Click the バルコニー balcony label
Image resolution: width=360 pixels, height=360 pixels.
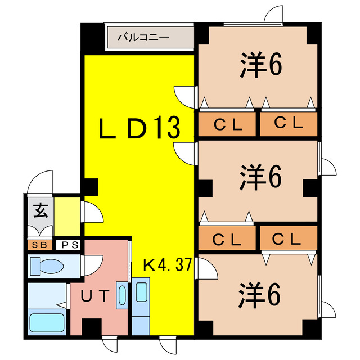(143, 38)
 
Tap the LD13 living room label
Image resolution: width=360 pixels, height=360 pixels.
(139, 129)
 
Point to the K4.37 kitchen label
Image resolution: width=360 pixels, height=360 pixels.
(168, 264)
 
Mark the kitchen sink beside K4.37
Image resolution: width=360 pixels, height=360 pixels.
(141, 295)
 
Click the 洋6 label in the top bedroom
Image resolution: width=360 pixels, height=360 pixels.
(260, 66)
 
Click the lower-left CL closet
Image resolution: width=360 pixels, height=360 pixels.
(227, 239)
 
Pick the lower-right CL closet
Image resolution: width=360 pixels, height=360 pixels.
(288, 239)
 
